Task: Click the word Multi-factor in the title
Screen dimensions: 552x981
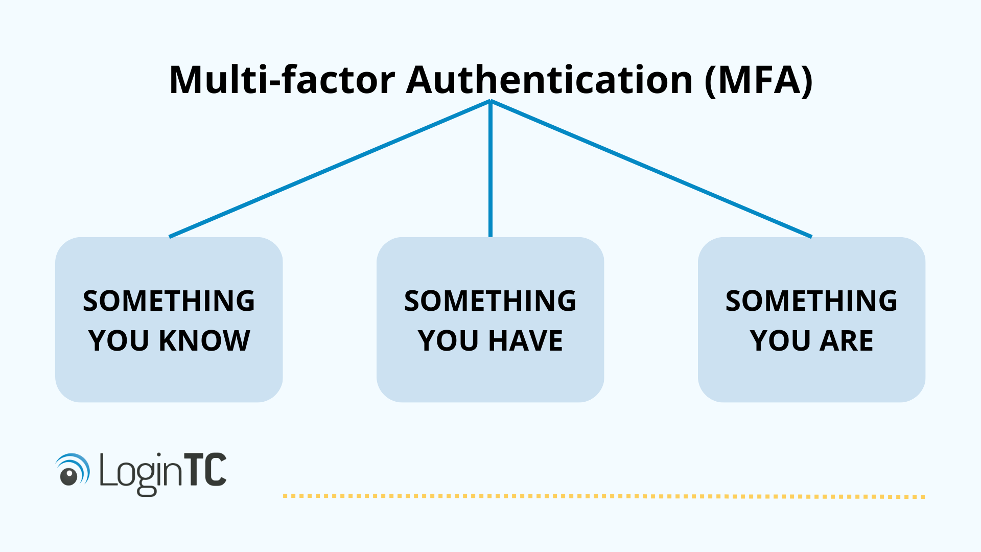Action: coord(282,80)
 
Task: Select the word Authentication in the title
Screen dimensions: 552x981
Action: coord(549,80)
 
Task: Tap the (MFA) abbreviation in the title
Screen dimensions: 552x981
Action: coord(758,80)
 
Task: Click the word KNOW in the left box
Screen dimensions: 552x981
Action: coord(204,341)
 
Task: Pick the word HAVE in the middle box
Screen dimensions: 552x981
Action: coord(526,341)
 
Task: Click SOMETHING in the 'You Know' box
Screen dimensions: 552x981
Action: coord(169,301)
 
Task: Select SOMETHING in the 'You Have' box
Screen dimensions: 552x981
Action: coord(490,301)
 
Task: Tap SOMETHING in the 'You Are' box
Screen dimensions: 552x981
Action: coord(811,301)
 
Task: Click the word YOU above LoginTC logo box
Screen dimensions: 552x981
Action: coord(119,341)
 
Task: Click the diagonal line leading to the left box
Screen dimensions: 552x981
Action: coord(330,169)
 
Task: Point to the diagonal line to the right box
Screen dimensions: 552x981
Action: coord(651,169)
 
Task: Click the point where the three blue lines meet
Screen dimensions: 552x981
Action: coord(491,101)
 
